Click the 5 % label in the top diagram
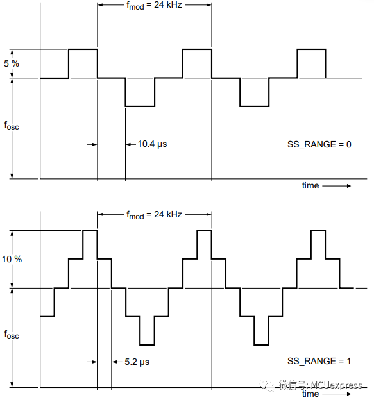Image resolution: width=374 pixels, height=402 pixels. point(11,63)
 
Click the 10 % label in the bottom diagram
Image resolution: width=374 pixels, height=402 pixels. point(12,260)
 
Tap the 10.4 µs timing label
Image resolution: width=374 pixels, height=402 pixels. point(152,144)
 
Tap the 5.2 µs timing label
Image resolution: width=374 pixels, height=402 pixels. point(137,362)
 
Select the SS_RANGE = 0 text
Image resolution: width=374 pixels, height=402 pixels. point(319,144)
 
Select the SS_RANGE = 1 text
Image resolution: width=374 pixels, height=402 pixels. point(319,362)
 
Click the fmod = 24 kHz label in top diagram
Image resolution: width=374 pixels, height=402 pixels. point(154,4)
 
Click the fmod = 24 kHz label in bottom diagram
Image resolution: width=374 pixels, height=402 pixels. point(154,215)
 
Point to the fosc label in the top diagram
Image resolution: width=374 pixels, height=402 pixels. point(12,126)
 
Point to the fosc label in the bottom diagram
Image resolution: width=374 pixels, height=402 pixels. point(12,334)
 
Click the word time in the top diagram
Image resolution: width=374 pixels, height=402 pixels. point(310,185)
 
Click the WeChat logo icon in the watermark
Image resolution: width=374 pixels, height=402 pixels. point(267,385)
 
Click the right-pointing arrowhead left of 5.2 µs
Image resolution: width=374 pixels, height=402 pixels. point(93,362)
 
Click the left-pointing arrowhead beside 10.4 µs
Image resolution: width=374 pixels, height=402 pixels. point(130,144)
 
